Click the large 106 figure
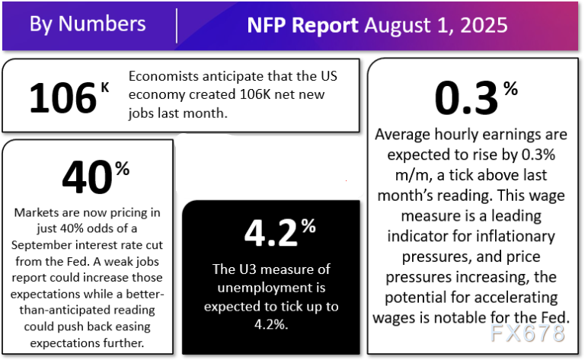(x=62, y=97)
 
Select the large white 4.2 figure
(x=270, y=233)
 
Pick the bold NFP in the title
(x=268, y=25)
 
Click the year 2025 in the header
(x=481, y=25)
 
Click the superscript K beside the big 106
(x=105, y=87)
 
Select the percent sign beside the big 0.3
(x=510, y=89)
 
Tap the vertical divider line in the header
(x=177, y=25)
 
